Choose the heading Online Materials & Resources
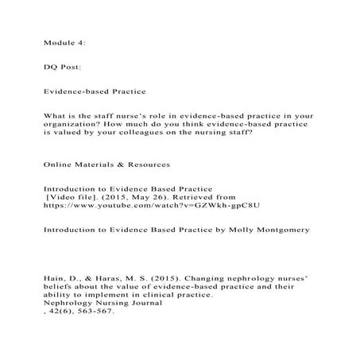(x=107, y=165)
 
